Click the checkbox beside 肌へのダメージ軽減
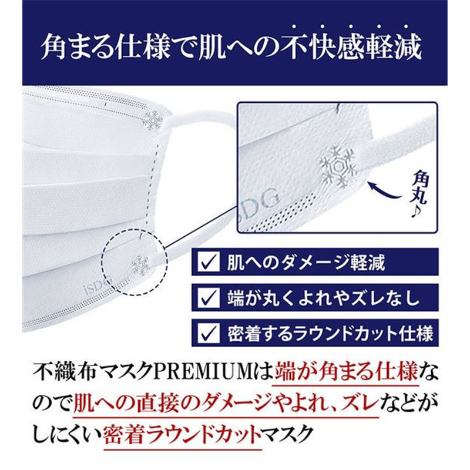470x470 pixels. [x=209, y=261]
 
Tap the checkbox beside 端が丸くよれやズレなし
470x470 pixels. [x=209, y=297]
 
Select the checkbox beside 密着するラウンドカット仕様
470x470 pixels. [x=209, y=333]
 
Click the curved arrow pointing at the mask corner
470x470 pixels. [x=385, y=192]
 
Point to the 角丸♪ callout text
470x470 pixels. [x=419, y=194]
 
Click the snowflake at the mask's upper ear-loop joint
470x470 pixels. [x=153, y=120]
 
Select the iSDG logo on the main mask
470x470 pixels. [x=98, y=286]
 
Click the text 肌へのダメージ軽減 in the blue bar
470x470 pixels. [x=305, y=262]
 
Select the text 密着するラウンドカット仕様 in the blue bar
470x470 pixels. [x=330, y=333]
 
